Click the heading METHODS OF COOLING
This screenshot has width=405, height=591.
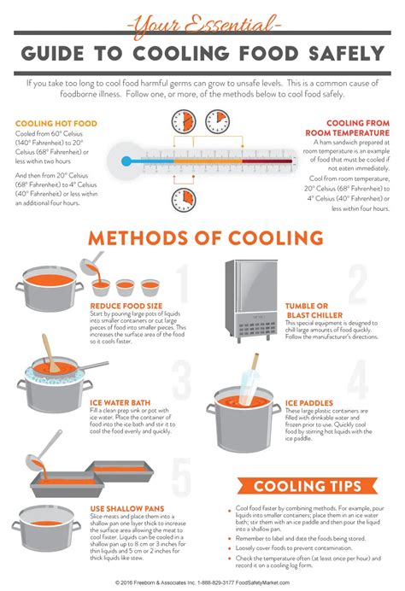202,237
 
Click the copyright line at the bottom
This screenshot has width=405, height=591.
202,583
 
